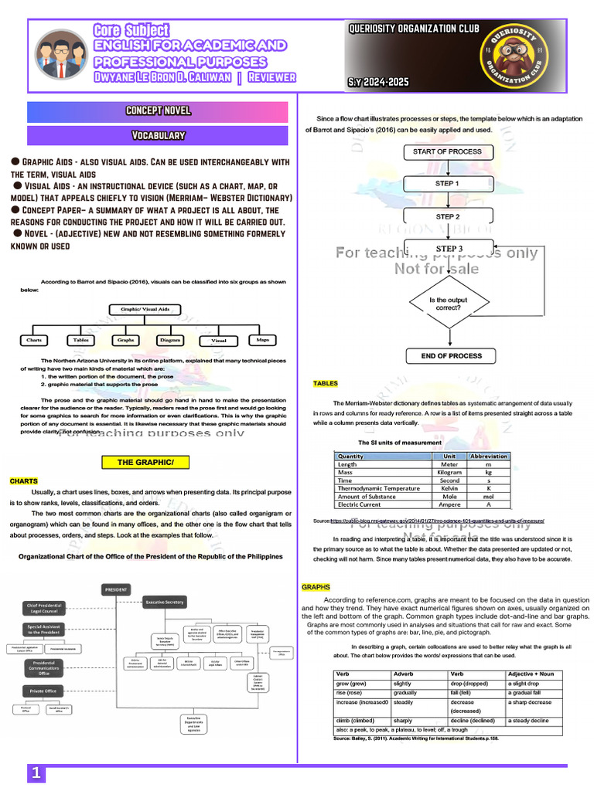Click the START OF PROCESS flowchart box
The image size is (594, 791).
[447, 152]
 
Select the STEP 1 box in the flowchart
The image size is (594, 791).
[447, 184]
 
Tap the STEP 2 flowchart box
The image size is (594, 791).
[447, 217]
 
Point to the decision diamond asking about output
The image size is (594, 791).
[447, 304]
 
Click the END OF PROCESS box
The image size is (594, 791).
[452, 356]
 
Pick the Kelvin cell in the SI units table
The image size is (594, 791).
[449, 488]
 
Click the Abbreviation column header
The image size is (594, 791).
[488, 456]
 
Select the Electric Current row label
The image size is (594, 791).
[360, 504]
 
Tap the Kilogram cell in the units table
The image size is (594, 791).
[449, 472]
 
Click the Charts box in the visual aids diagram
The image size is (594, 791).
[34, 340]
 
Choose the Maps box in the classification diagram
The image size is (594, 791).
[263, 340]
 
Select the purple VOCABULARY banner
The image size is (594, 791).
[158, 136]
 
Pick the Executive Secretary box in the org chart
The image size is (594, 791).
[164, 602]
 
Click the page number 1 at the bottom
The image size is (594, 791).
[36, 773]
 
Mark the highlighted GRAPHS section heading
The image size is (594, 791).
[316, 588]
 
